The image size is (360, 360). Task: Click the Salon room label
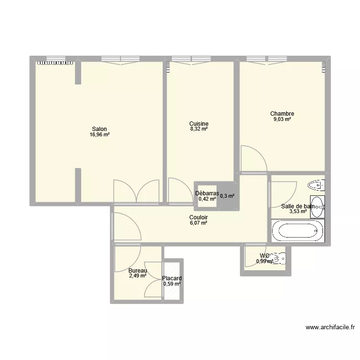point(100,129)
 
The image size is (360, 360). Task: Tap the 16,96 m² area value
point(100,135)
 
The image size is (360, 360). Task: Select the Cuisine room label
point(199,123)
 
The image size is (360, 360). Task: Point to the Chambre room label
point(282,114)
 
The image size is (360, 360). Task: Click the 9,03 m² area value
point(282,120)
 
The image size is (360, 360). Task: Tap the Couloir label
point(198,216)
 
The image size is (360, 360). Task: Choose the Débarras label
point(207,193)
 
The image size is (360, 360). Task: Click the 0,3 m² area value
point(228,196)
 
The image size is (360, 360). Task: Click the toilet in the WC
point(278,259)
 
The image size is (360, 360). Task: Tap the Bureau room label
point(137,270)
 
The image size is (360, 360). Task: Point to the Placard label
point(172,278)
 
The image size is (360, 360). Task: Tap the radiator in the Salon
point(56,62)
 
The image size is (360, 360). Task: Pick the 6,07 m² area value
point(198,223)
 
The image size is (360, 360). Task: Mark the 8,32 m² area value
point(199,129)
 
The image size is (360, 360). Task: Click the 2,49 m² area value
point(137,276)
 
